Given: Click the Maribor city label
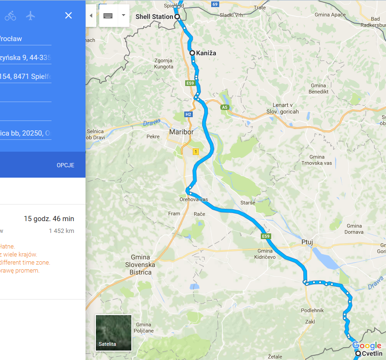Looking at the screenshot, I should pos(181,132).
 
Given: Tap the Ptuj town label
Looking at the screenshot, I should pos(307,242).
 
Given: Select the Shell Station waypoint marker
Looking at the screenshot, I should pos(178,17).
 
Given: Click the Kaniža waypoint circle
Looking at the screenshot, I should pos(192,53).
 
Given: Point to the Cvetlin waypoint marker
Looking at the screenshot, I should pos(358,353).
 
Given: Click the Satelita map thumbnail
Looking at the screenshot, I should pos(113,333).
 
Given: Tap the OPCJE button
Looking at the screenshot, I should pos(65,165).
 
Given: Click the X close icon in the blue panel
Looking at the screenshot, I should pos(69,16).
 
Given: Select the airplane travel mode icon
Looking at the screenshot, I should pos(31,16).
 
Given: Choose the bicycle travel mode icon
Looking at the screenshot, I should pos(10,16).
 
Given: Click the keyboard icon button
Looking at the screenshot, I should pos(108,15).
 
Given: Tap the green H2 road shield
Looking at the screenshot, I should pos(189,114).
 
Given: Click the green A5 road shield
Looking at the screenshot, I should pos(224,107).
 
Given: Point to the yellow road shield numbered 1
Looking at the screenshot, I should pos(195,152).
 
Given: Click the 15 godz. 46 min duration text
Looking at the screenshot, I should pos(49,219).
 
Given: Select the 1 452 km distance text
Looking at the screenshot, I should pos(61,231).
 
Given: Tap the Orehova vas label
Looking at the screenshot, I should pos(194,199).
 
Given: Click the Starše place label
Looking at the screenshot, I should pos(248,203).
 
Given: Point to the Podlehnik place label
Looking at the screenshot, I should pos(312,310).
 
